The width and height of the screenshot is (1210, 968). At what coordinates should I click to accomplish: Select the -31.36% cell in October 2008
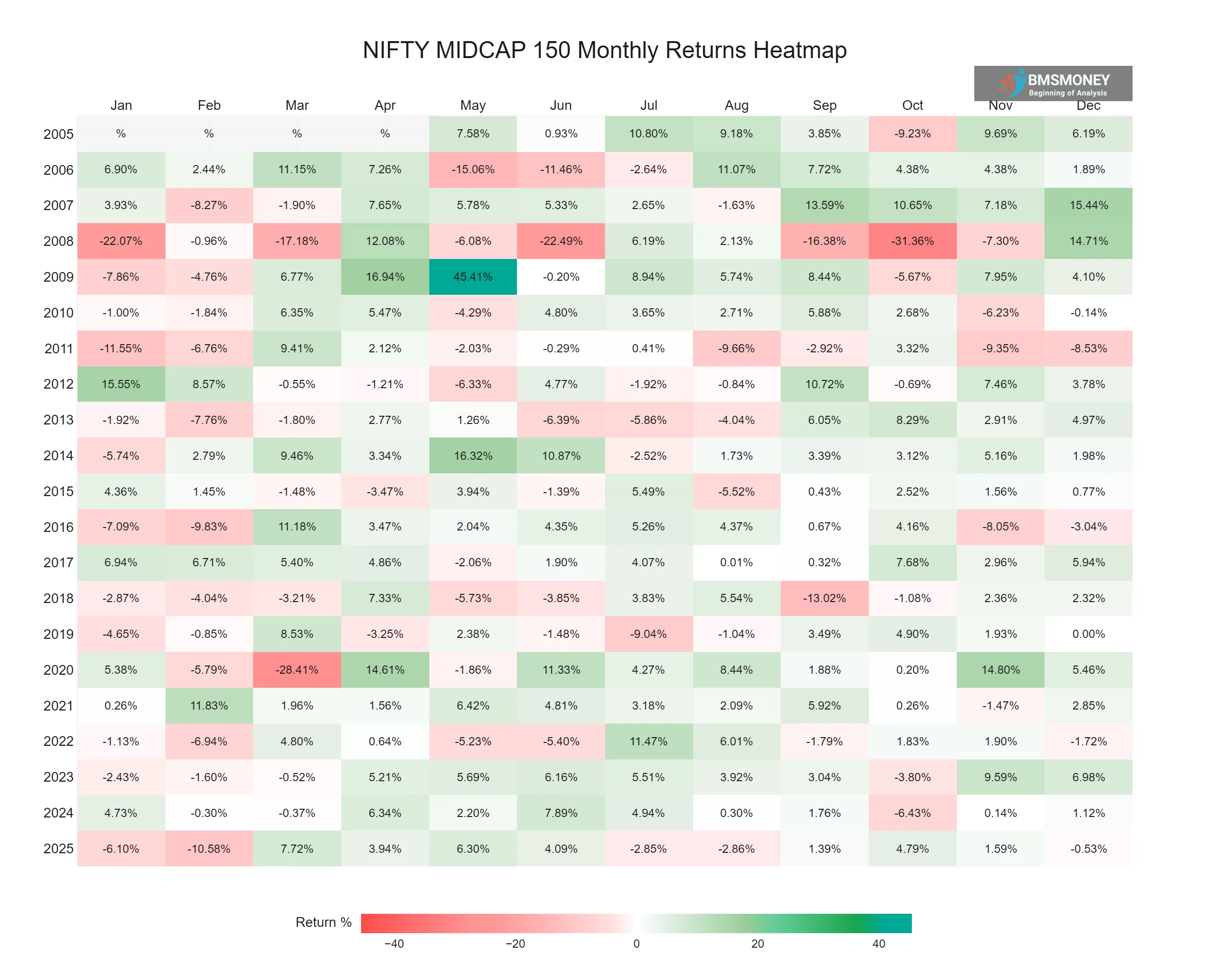(912, 241)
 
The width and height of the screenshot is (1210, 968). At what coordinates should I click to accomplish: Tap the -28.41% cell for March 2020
(297, 669)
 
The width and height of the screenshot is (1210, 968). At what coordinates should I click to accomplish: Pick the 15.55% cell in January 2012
(121, 384)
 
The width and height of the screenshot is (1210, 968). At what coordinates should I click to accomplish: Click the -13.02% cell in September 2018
(824, 598)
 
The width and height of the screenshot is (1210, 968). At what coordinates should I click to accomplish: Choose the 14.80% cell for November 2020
(1000, 669)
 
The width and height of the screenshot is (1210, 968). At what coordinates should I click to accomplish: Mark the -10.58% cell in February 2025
(209, 848)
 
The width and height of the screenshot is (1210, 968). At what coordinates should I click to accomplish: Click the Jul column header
(648, 106)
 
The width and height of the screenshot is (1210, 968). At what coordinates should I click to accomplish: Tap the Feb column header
(209, 106)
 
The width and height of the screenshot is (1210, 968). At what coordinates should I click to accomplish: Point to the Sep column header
(824, 106)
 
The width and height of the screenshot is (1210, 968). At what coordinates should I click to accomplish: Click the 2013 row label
(59, 420)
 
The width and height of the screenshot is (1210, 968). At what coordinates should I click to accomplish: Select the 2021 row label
(59, 705)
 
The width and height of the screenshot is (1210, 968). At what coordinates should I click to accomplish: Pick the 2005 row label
(59, 134)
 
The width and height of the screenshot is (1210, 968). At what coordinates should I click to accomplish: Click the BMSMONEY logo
(1052, 84)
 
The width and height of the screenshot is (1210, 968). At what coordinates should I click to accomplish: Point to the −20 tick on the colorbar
(515, 944)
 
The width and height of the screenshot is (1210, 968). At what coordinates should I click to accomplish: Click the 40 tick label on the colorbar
(878, 944)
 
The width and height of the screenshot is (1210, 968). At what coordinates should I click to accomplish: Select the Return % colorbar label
(323, 923)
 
